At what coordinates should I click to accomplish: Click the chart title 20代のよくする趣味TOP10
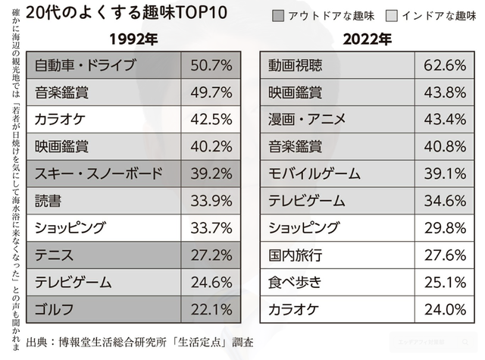(110, 13)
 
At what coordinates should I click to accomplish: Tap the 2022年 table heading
(368, 39)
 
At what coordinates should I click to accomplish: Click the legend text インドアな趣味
(434, 15)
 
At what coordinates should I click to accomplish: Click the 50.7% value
(212, 65)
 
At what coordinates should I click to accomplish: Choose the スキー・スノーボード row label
(99, 174)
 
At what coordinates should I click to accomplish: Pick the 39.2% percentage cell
(212, 174)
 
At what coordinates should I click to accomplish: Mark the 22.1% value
(212, 309)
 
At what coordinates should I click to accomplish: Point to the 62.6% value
(446, 65)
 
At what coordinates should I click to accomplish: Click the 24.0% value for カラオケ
(446, 309)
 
